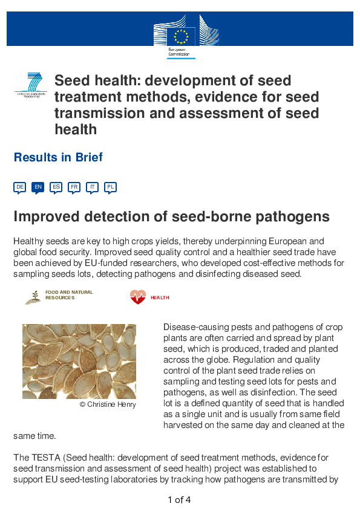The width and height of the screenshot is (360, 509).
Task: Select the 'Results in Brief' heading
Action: (x=58, y=158)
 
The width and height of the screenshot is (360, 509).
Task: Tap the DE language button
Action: (x=20, y=187)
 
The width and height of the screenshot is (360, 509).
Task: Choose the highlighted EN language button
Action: (x=38, y=187)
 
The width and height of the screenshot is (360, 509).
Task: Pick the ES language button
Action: (x=56, y=187)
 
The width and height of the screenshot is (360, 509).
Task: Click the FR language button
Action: (x=74, y=187)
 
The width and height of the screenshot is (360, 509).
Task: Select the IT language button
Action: (x=93, y=187)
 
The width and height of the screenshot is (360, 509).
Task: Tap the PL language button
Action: (x=110, y=187)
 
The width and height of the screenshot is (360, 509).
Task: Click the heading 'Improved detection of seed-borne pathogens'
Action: (x=171, y=217)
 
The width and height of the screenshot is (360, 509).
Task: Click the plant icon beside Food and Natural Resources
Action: (x=34, y=296)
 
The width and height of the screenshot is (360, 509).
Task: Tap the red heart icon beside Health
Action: (x=138, y=297)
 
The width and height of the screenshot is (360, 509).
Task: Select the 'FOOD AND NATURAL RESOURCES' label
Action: (x=69, y=295)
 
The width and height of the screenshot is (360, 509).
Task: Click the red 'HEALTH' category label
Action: (x=160, y=297)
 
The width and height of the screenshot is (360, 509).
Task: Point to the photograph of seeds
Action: (x=79, y=361)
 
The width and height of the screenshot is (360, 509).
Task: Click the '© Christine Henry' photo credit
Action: (x=108, y=404)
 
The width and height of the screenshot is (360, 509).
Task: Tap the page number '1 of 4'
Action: (x=180, y=500)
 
